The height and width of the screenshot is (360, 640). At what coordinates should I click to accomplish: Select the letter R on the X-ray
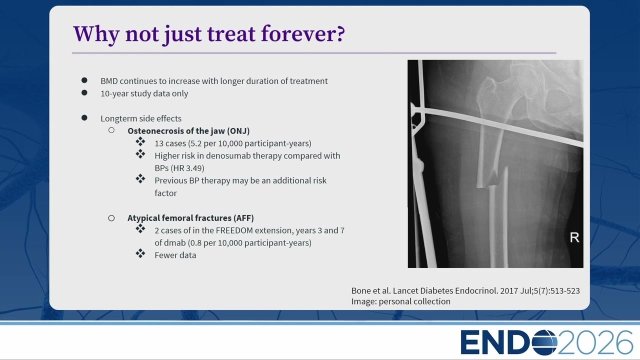click(574, 237)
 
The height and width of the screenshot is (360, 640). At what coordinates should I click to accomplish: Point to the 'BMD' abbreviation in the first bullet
click(109, 81)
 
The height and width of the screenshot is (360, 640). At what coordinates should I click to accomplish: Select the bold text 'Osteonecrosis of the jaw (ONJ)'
click(188, 131)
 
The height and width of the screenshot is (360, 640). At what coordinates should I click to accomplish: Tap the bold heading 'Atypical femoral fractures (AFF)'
click(190, 218)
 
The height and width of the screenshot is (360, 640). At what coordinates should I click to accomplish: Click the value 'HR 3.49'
click(187, 168)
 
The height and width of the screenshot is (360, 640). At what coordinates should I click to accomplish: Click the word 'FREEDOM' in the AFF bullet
click(232, 230)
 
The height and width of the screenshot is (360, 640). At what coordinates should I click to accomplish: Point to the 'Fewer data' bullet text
click(175, 255)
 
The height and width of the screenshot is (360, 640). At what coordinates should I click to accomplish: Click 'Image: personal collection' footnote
click(401, 301)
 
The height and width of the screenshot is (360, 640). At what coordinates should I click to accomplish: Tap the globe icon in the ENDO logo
click(544, 342)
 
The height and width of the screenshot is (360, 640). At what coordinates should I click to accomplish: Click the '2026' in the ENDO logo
click(595, 342)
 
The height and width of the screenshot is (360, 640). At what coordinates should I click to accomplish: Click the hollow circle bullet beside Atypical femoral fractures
click(111, 218)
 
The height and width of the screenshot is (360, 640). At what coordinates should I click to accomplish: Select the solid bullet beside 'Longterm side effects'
click(84, 117)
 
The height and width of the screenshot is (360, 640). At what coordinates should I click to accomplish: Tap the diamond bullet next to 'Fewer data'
click(140, 253)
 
